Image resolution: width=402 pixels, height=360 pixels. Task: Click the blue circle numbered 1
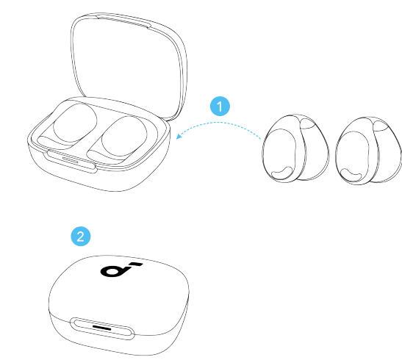point(220,107)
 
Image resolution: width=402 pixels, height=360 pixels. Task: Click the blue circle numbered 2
point(81,237)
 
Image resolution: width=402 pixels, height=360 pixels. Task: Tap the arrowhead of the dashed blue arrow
point(179,135)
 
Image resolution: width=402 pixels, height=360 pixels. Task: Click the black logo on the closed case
point(121,270)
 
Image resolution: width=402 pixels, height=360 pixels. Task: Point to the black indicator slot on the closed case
point(101,328)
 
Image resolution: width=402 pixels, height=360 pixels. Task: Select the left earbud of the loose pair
point(295,148)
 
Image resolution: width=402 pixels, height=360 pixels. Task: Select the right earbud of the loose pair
point(369,151)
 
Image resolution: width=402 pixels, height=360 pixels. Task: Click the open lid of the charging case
point(129,65)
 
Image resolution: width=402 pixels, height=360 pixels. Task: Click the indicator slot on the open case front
point(71,160)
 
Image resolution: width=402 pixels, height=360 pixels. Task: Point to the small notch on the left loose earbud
point(281,173)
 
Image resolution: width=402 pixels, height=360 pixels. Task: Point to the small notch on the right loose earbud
point(352,175)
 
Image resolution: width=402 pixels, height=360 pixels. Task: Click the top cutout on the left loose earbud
point(307,123)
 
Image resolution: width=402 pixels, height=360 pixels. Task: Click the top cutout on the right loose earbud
point(380,126)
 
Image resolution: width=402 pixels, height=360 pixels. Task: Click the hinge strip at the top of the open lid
point(123,21)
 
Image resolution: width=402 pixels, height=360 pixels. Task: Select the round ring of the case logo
point(112,272)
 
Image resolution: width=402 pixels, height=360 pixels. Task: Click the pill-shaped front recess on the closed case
point(102,328)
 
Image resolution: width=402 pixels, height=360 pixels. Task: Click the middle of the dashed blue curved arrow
point(218,123)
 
